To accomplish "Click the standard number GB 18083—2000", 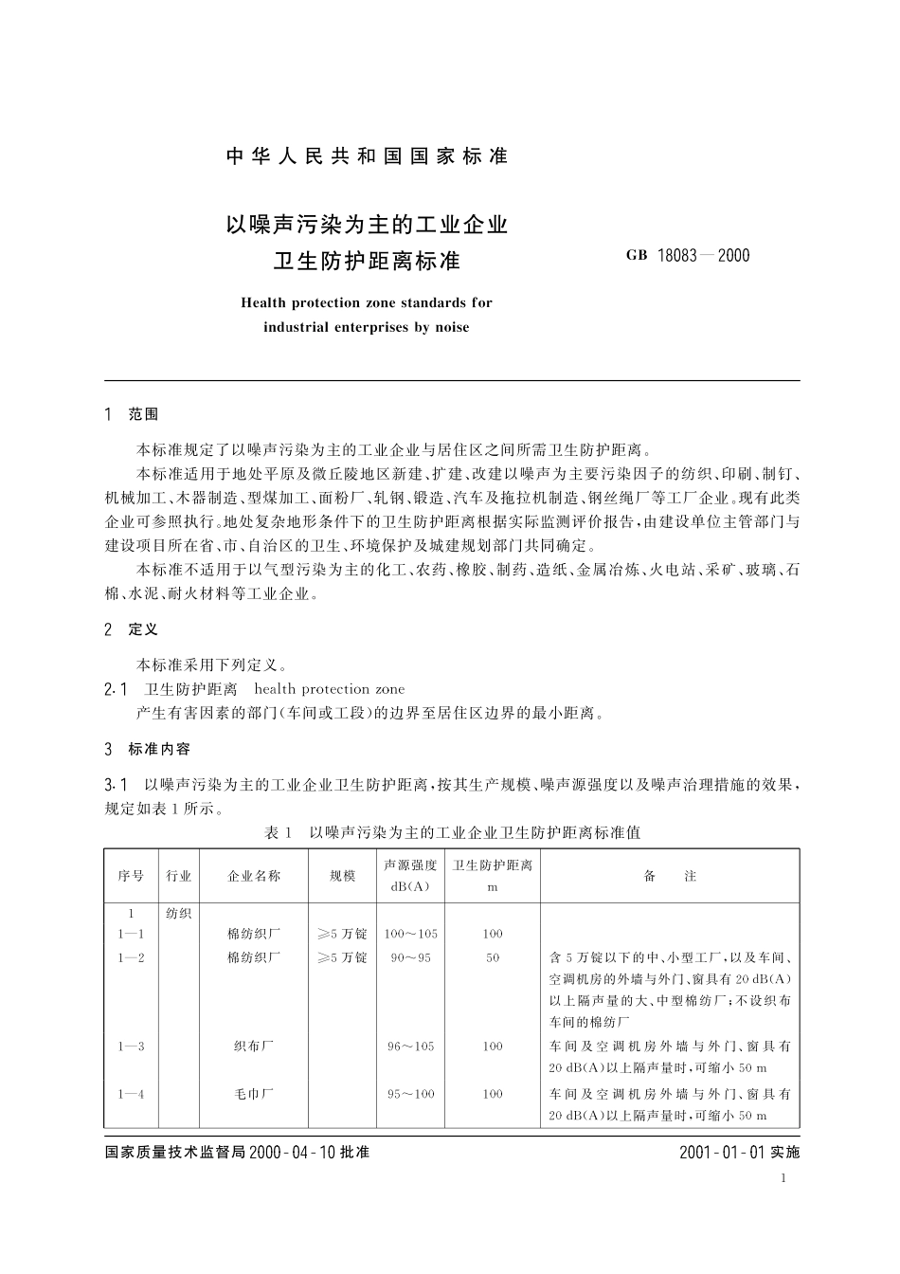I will coord(688,255).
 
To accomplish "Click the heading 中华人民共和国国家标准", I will coord(368,156).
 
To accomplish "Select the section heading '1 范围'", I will coord(132,414).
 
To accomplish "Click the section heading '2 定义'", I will coord(132,629).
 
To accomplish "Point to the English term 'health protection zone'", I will coord(329,689).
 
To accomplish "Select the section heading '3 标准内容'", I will coord(147,749).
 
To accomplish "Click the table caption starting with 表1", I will coord(452,832).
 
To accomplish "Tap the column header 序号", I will coord(131,876).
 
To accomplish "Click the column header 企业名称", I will coord(254,876).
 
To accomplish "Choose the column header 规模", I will coord(342,876).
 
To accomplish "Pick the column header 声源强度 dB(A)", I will coord(410,876).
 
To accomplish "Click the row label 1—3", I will coord(131,1046).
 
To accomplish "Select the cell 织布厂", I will coord(254,1046).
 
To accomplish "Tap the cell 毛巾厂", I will coord(254,1094).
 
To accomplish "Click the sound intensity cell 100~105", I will coord(410,934).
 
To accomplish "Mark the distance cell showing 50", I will coord(493,957).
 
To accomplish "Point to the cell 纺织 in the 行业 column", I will coord(179,914).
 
